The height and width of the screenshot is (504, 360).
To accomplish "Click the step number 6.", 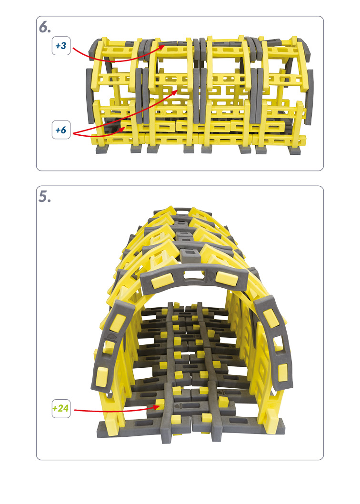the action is tap(45, 27).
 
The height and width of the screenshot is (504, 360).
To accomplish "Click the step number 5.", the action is tap(45, 197).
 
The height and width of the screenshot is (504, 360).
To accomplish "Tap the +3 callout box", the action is tap(61, 46).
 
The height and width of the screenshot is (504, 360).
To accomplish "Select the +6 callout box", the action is tap(61, 130).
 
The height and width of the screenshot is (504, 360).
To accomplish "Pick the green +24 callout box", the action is tap(61, 409).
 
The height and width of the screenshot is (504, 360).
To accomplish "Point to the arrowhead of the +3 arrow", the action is tap(162, 47).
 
